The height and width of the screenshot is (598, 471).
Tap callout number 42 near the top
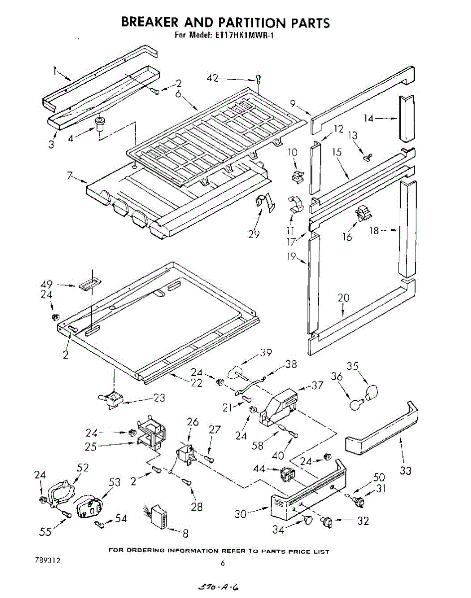point(213,78)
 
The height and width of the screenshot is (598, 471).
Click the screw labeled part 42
point(258,79)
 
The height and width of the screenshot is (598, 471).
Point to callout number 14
point(368,118)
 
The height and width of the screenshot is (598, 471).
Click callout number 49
point(46,285)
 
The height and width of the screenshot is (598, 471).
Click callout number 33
point(406,469)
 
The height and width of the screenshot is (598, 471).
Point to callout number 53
point(115,482)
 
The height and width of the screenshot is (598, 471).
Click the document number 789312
point(48,561)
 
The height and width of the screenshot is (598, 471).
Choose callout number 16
point(347,237)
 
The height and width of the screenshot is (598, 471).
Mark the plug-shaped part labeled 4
point(101,123)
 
